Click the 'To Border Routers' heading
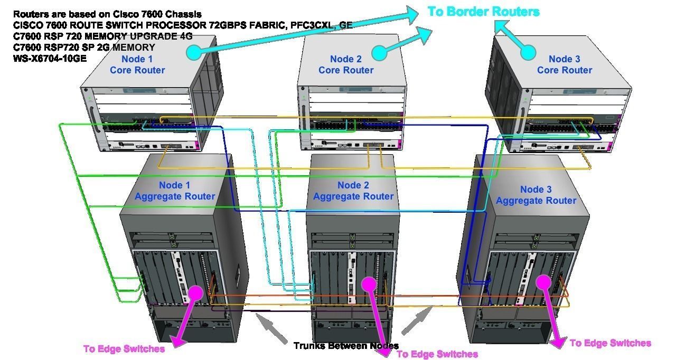point(483,12)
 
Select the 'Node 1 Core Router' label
point(137,65)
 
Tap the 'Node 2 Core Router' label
point(346,65)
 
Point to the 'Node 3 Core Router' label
point(564,65)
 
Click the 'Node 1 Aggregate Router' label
point(175,191)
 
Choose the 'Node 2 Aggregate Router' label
point(353,191)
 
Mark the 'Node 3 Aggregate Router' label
point(536,195)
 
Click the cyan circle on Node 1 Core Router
point(194,52)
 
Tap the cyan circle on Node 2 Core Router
point(379,52)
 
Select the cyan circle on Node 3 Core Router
point(528,52)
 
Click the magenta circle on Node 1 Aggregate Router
point(195,293)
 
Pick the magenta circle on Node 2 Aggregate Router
point(369,284)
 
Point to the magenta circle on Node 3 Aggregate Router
point(544,281)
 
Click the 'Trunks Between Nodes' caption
point(346,346)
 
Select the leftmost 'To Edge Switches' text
point(124,349)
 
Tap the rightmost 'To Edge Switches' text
point(610,343)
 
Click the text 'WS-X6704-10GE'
point(50,59)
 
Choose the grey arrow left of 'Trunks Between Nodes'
point(272,329)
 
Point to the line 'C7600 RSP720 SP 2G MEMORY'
point(84,48)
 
